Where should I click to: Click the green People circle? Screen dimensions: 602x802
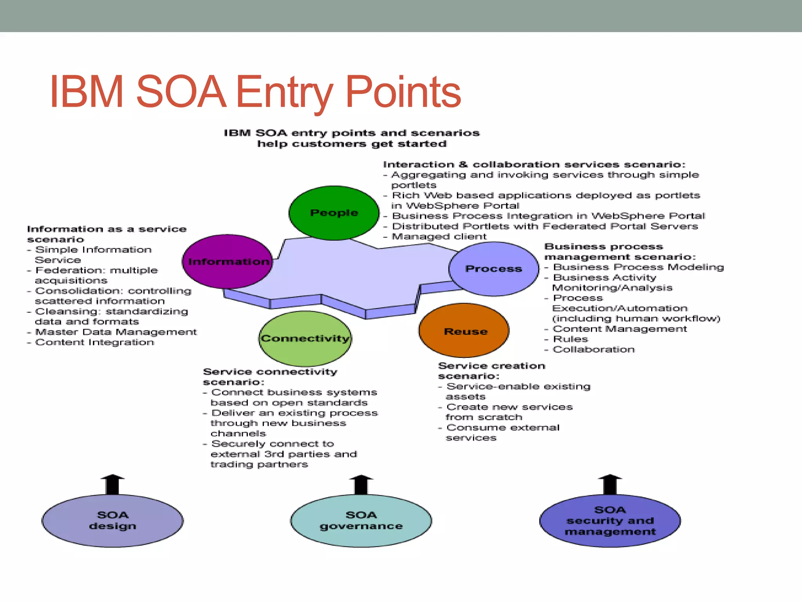click(334, 213)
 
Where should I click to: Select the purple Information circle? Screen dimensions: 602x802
click(228, 261)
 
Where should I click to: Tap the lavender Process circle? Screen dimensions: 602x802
click(493, 269)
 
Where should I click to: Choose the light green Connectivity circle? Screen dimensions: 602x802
click(305, 339)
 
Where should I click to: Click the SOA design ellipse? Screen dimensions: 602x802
click(112, 520)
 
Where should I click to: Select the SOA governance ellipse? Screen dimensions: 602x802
click(361, 520)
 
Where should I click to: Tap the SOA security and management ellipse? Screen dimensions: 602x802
click(610, 520)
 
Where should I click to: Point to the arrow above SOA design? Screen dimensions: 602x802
click(112, 484)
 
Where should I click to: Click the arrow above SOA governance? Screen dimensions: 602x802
click(361, 484)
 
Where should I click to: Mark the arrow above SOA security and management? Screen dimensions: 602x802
click(610, 484)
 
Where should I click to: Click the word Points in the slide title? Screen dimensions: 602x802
click(403, 92)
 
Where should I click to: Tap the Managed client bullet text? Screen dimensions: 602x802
click(439, 237)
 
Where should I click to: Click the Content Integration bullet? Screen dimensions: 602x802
click(94, 343)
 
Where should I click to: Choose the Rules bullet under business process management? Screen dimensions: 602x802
click(570, 339)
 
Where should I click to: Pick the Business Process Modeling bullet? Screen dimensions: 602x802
click(638, 267)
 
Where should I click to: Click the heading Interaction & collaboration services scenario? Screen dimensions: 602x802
click(534, 164)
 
